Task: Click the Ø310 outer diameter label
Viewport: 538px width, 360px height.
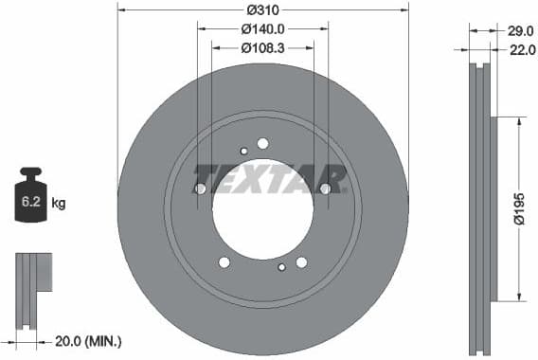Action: click(262, 9)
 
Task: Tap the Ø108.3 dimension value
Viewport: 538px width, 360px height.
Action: click(262, 47)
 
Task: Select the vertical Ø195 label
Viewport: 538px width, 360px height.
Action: click(519, 208)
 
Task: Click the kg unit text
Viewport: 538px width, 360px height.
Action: click(59, 203)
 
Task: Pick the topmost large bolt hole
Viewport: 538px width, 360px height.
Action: click(262, 143)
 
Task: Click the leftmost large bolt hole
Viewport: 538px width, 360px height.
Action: click(201, 189)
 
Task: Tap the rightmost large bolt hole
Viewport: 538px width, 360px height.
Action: click(325, 189)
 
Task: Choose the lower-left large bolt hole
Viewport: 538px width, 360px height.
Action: click(224, 262)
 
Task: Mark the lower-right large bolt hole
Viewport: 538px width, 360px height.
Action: click(301, 262)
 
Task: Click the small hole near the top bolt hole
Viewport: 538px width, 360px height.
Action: click(243, 150)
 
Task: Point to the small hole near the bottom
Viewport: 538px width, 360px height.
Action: click(281, 267)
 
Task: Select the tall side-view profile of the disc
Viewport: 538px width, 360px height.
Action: click(484, 204)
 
